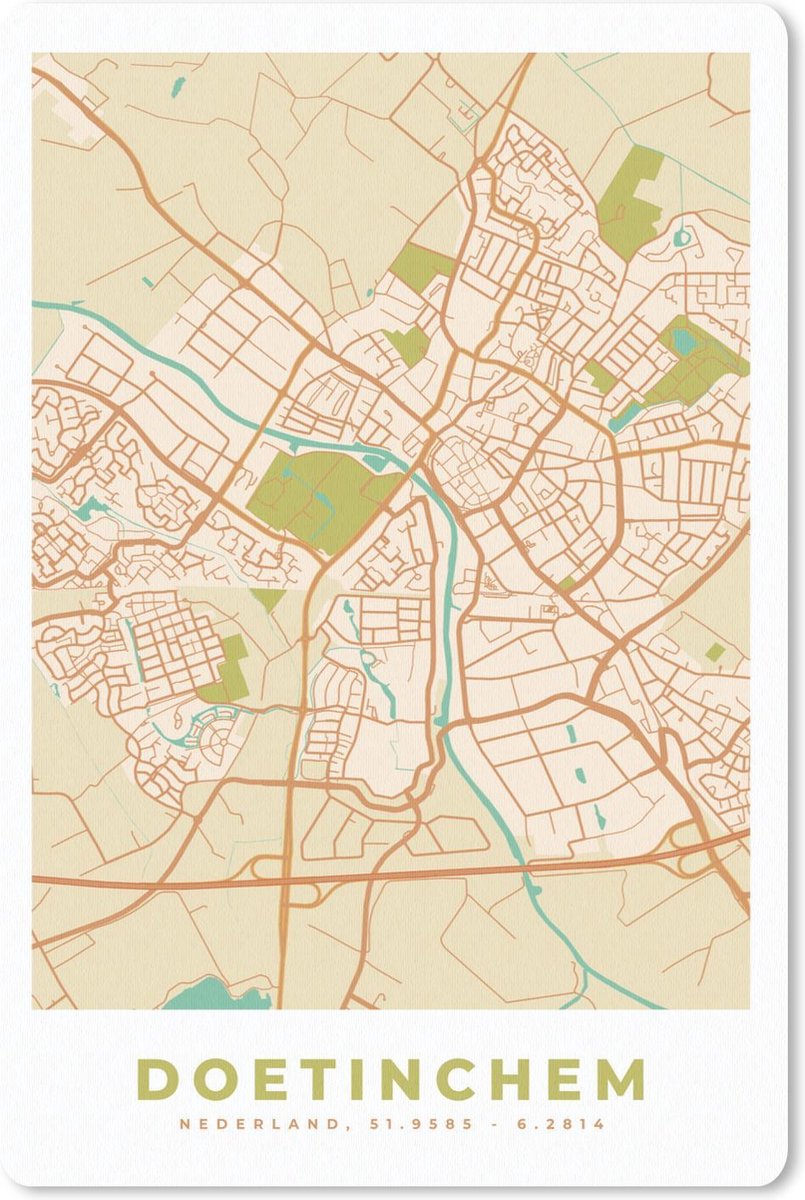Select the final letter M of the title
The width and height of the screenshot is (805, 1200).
pyautogui.click(x=619, y=1080)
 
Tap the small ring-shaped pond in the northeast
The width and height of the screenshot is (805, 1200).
pyautogui.click(x=682, y=238)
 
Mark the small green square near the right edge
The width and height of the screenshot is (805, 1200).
pyautogui.click(x=714, y=652)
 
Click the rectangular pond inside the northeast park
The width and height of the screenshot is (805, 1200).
pyautogui.click(x=685, y=342)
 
